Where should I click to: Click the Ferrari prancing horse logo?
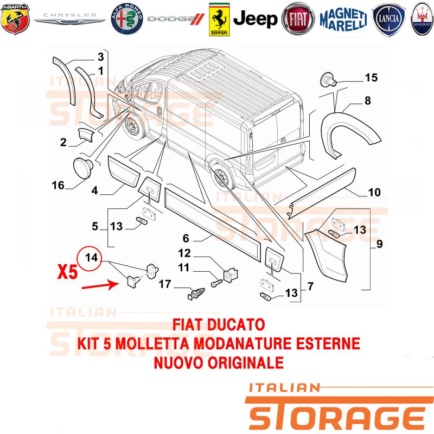[x=219, y=20]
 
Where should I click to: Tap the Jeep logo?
[x=255, y=19]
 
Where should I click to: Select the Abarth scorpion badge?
[x=15, y=19]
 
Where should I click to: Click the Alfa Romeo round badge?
[x=127, y=19]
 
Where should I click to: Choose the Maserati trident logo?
[x=422, y=19]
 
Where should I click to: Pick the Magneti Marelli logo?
[x=343, y=20]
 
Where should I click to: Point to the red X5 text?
[x=67, y=272]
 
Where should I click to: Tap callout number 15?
[x=371, y=78]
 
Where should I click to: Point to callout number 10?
[x=374, y=192]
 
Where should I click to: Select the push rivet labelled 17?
[x=196, y=293]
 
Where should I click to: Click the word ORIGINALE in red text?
[x=246, y=362]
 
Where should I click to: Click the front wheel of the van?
[x=133, y=128]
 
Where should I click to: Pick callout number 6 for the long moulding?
[x=186, y=238]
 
